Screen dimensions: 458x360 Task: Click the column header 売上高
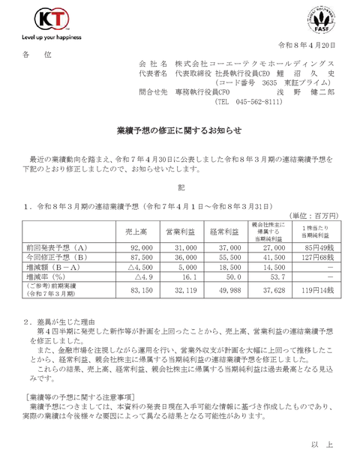(x=136, y=233)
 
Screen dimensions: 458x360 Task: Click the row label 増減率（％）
(x=52, y=277)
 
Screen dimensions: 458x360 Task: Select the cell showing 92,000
(x=140, y=247)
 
